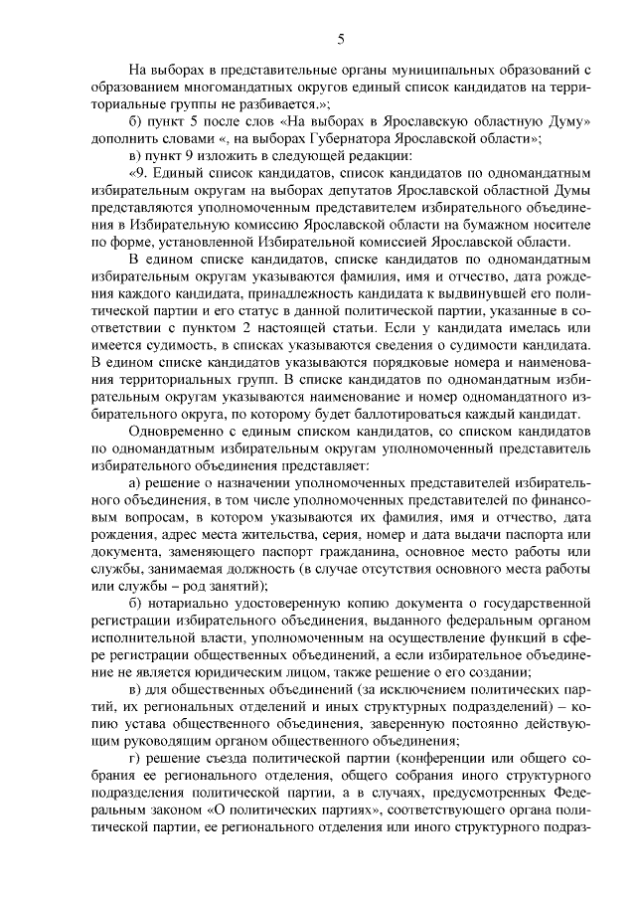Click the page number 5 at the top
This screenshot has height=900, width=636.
click(341, 40)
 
